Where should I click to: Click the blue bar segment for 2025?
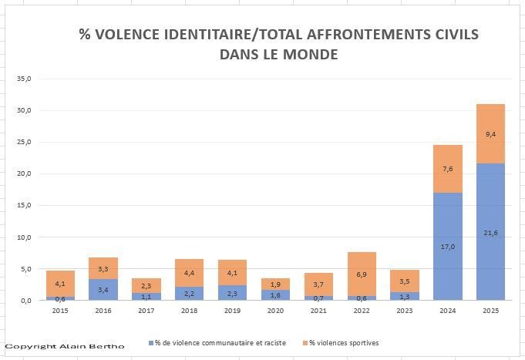(490, 231)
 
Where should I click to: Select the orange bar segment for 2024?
(447, 169)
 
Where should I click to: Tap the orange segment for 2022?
(362, 274)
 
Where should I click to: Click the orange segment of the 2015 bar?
(60, 283)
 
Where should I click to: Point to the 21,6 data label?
(490, 233)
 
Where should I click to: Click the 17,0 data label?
(447, 247)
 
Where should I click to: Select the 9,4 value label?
(490, 134)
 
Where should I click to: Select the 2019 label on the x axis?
(232, 311)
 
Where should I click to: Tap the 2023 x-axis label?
(404, 311)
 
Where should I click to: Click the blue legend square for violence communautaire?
(150, 342)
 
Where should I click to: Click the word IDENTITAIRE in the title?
(196, 35)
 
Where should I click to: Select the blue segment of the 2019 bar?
(232, 292)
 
